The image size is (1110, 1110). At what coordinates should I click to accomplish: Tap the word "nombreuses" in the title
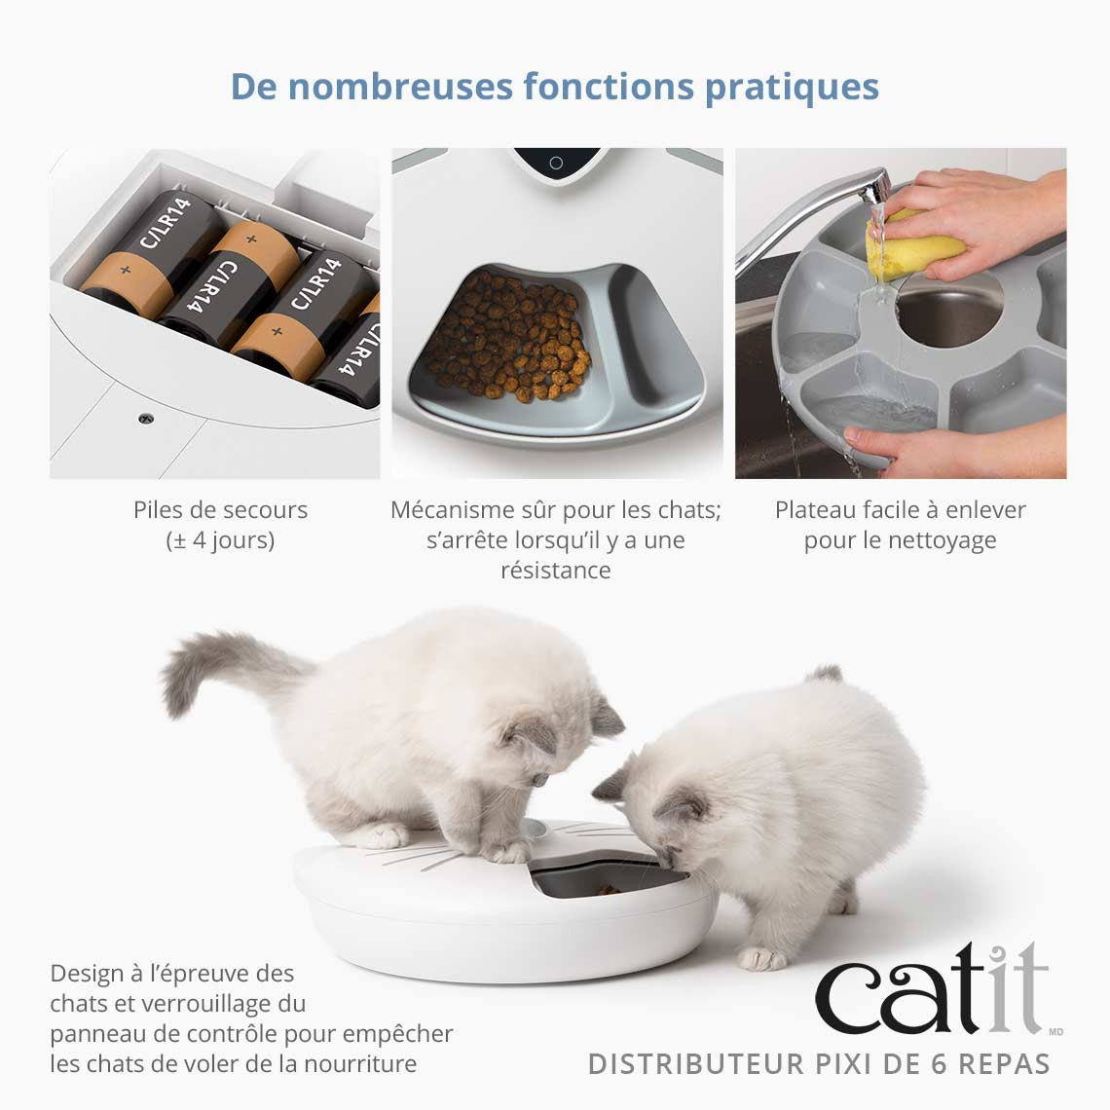click(x=400, y=87)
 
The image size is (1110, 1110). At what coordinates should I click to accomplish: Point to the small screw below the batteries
click(x=146, y=418)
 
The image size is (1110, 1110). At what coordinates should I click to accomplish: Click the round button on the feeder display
click(x=556, y=163)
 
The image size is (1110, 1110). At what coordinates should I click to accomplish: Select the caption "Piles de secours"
click(x=220, y=509)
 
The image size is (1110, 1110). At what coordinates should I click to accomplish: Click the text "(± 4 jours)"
click(x=220, y=539)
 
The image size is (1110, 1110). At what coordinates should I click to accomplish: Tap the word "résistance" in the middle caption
click(x=555, y=570)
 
